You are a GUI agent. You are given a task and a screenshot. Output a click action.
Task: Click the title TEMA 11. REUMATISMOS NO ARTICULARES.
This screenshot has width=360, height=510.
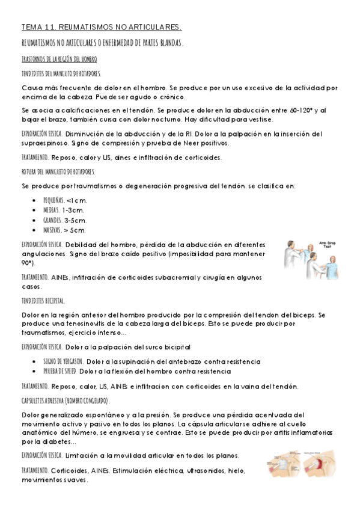tap(101, 28)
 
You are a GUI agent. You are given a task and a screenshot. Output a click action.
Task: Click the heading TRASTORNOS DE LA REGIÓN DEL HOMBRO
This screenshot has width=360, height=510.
tap(59, 59)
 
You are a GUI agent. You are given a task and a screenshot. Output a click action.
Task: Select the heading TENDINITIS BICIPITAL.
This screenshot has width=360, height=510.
tap(43, 300)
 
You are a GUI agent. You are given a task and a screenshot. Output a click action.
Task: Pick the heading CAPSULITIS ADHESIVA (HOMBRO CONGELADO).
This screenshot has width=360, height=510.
tap(66, 401)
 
